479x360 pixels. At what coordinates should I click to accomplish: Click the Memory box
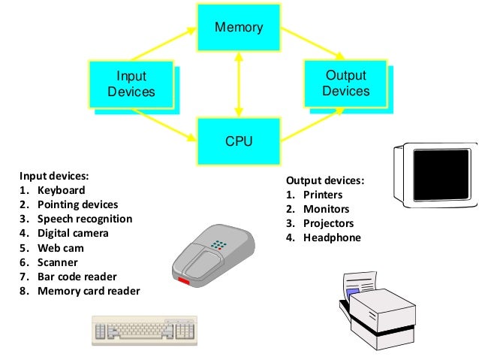click(239, 29)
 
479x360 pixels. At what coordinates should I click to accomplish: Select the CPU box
click(239, 141)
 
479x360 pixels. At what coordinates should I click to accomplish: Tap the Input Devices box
click(131, 84)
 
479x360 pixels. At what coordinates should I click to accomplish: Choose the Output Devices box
click(345, 83)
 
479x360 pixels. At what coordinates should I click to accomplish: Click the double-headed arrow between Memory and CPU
click(239, 84)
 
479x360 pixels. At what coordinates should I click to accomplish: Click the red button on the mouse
click(184, 282)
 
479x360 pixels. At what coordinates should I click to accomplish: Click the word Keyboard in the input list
click(62, 190)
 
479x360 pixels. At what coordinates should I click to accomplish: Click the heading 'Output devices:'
click(324, 180)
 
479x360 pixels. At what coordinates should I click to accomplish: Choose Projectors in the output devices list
click(328, 223)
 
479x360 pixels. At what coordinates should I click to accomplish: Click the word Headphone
click(332, 237)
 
